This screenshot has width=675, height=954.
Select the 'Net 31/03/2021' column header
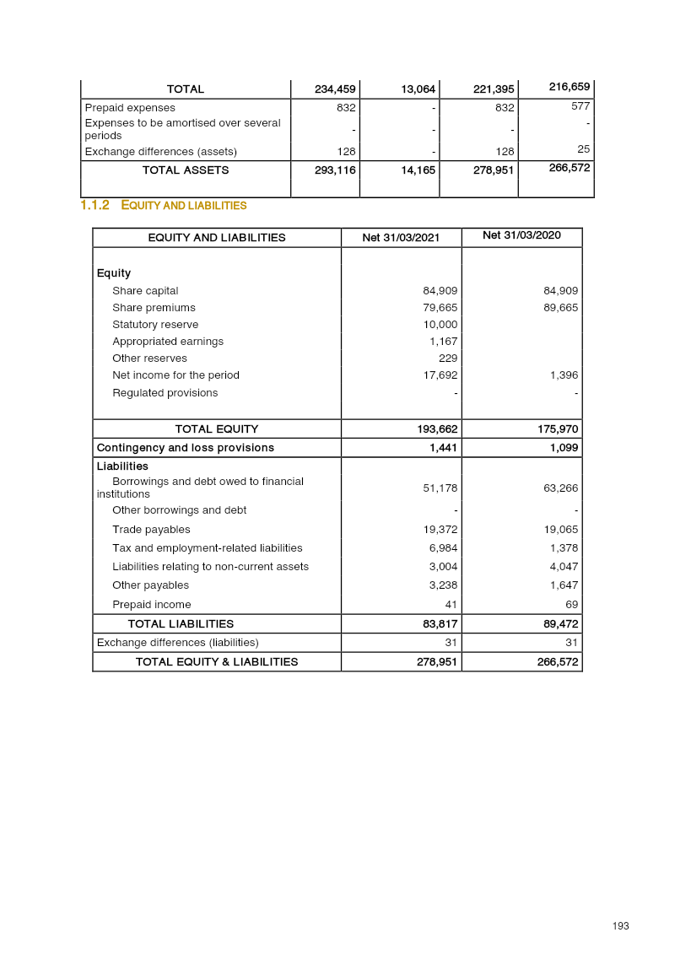click(401, 238)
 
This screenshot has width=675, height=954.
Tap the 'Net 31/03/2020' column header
click(521, 235)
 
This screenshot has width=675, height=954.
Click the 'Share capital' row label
click(145, 291)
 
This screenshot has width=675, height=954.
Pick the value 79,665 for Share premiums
click(440, 308)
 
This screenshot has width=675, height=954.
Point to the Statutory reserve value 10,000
click(440, 325)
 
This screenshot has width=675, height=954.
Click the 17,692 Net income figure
click(440, 375)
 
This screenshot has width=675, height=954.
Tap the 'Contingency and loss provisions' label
click(186, 448)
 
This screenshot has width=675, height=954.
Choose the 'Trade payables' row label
click(151, 530)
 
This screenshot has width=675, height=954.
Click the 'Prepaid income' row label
click(152, 605)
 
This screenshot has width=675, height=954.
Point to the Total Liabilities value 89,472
click(559, 624)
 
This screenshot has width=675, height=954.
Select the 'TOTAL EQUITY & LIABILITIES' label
click(217, 662)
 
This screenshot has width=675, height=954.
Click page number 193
click(621, 926)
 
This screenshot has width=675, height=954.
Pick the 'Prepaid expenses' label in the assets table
click(130, 108)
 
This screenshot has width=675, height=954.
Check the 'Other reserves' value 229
click(448, 358)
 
